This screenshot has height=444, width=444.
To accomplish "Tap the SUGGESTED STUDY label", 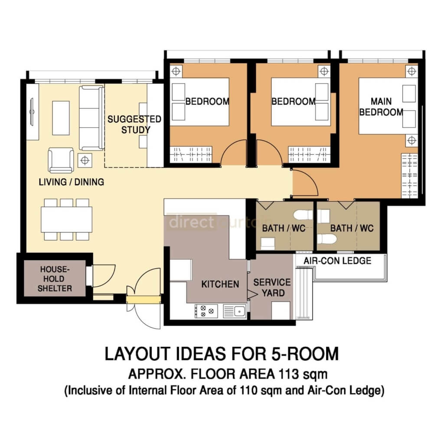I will click(128, 124).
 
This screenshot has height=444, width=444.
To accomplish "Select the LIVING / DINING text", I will click(72, 182).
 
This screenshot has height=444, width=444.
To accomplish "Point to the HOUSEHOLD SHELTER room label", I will click(55, 279).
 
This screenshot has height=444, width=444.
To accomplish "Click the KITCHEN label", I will click(220, 284).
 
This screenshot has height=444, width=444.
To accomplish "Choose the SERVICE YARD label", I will click(272, 287).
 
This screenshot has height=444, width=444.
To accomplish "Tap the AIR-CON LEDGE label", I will click(337, 261).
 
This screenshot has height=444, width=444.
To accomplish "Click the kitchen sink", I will click(235, 310).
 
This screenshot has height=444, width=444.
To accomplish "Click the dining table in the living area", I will click(67, 219).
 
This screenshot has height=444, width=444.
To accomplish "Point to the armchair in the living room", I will click(61, 160).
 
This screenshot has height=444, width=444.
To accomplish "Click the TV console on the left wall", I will click(33, 112).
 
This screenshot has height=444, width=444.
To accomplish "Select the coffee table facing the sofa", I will click(61, 118).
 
